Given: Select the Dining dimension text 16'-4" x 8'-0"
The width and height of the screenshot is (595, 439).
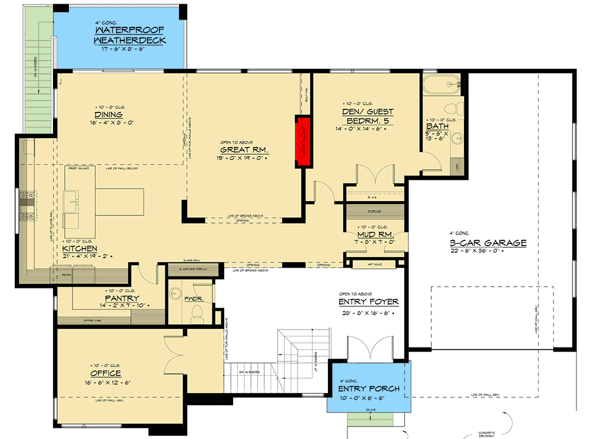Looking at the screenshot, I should (x=108, y=123).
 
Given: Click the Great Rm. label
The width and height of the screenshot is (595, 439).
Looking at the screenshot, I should (x=245, y=150).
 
